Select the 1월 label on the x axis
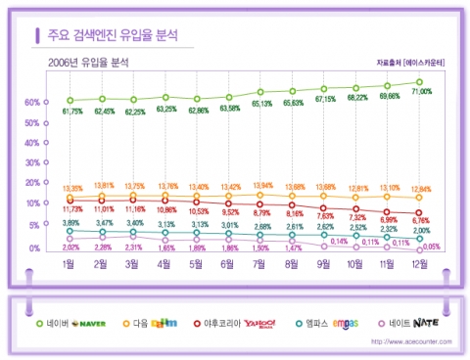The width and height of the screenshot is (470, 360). coord(70,264)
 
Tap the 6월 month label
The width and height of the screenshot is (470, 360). coord(228,264)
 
